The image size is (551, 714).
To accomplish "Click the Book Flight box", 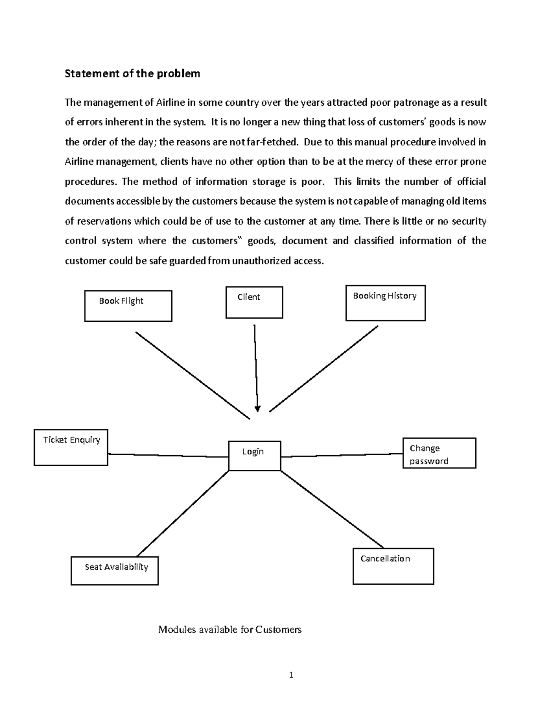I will coord(128,306).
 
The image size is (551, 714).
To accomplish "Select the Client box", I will coord(254,302).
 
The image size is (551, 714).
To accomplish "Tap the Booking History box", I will coord(385,303).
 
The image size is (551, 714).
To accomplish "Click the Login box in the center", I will coord(254,456).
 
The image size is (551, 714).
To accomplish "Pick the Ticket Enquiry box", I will coord(71,447).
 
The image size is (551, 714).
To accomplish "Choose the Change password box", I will coord(439,453).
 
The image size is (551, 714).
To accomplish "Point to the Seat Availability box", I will coord(114,571).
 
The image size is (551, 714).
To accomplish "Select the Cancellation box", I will coord(393,566).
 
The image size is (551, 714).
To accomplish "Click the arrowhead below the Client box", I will coord(257,408).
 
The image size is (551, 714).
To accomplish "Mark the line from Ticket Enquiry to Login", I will coord(168,456).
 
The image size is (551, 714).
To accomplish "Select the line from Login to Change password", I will coord(342,455).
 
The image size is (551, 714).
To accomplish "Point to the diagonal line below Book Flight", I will coord(193,375).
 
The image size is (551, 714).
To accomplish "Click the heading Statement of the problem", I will coord(132,74).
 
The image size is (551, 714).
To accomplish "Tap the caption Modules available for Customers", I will coord(230,629).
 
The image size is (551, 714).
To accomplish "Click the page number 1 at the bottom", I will coord(291,675).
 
